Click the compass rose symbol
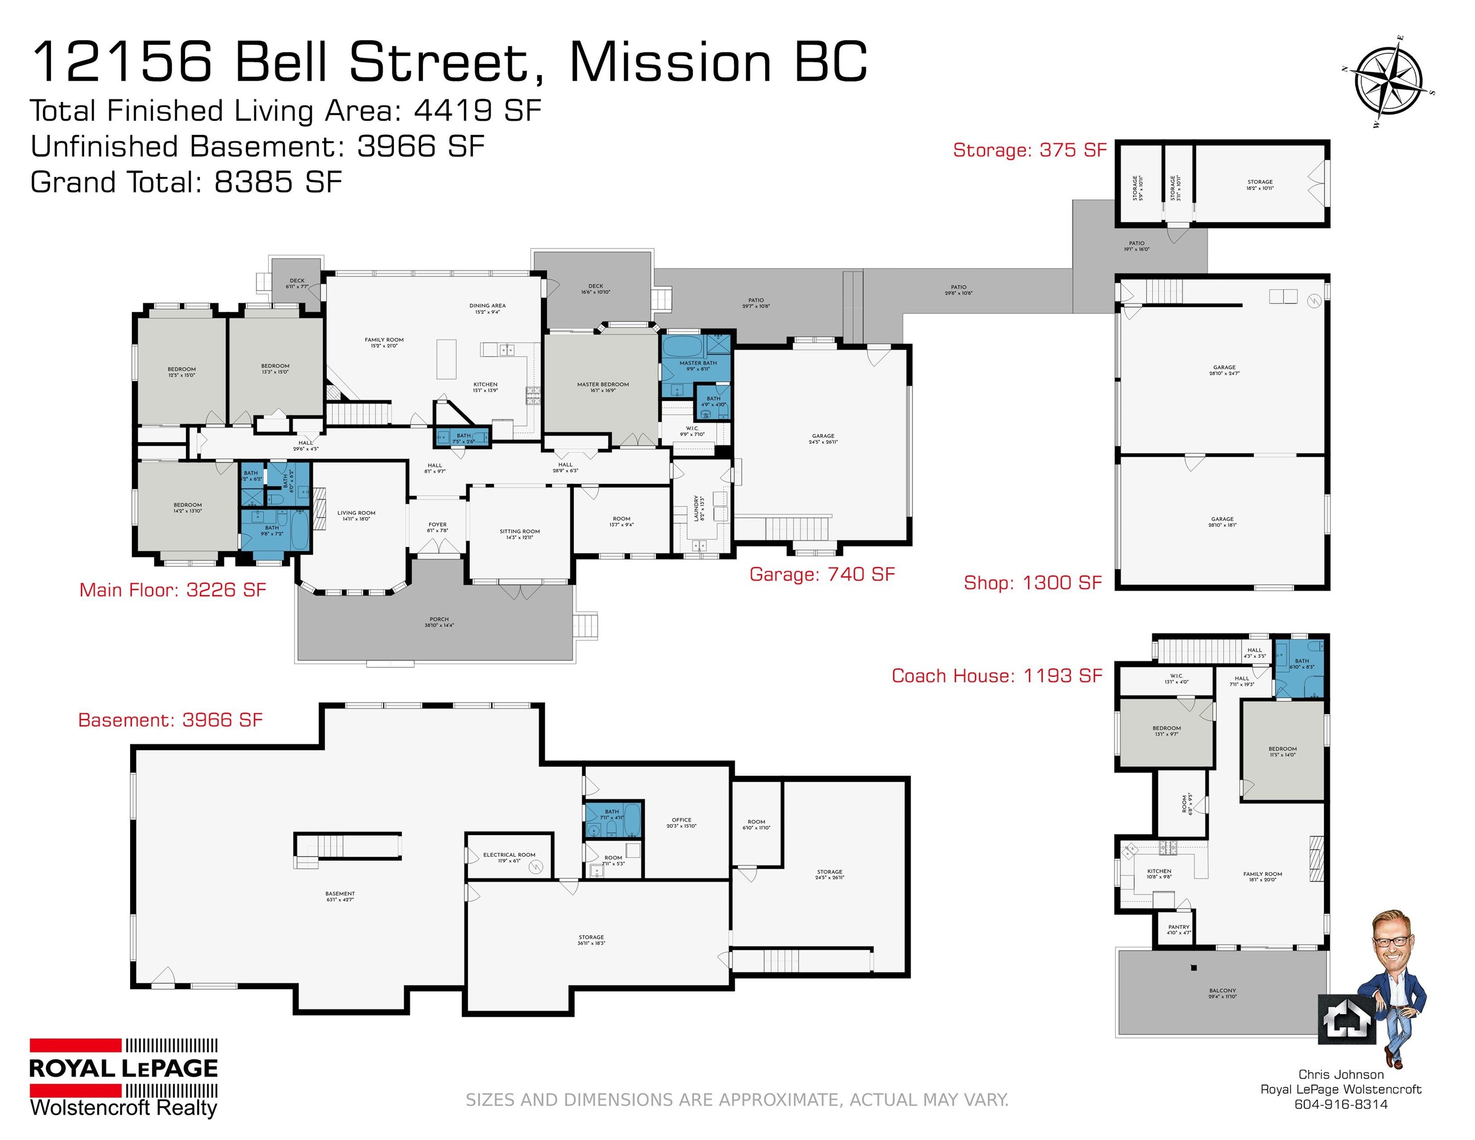(1388, 83)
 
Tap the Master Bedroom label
(603, 387)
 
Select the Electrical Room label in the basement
(509, 857)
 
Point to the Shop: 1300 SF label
(1032, 582)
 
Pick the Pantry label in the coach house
(1179, 929)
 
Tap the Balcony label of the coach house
(1223, 993)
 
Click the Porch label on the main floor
(439, 621)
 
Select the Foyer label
(437, 527)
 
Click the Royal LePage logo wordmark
(124, 1068)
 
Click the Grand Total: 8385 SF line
(186, 183)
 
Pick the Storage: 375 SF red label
(1029, 150)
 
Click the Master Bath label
(698, 365)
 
